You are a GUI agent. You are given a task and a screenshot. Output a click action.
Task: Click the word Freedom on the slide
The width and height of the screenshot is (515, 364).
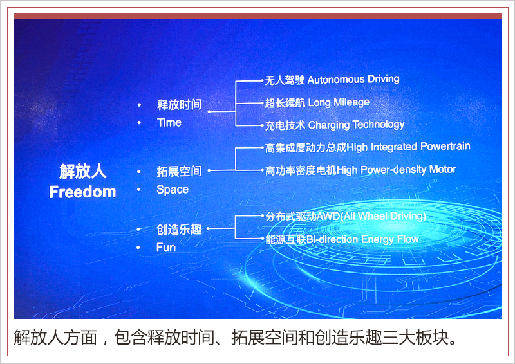coord(82,192)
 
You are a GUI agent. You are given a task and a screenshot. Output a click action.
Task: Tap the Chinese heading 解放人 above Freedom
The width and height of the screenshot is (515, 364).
coord(83,171)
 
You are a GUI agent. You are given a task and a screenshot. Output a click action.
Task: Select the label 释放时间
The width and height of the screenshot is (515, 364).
coord(179,105)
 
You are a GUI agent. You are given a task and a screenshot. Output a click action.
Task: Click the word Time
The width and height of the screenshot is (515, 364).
coord(169,122)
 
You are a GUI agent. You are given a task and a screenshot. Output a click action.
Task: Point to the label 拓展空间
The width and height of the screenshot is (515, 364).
coord(179,171)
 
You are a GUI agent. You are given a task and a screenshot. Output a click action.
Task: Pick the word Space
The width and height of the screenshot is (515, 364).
coord(173,189)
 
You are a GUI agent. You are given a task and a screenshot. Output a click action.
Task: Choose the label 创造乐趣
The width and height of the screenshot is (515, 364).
coord(179,230)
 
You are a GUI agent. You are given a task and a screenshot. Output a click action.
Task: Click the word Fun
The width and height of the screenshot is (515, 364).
coord(166,247)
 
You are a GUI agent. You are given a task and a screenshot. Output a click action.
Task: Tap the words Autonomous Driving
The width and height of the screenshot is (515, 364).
coord(353,79)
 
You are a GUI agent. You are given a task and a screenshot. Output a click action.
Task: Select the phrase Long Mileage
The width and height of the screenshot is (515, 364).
coord(339,102)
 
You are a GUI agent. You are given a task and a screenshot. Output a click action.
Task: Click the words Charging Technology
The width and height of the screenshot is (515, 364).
coord(356,125)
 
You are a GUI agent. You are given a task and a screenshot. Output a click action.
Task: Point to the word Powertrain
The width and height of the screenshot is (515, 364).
coord(445,146)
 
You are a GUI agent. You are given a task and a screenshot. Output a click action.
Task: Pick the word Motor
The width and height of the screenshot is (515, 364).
coord(443,169)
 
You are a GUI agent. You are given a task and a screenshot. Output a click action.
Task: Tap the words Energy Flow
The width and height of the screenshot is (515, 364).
coord(390,239)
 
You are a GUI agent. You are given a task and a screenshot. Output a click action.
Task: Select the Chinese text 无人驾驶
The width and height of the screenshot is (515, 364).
coord(285,80)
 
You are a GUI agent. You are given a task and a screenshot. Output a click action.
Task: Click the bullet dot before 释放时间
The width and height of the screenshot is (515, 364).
coord(139,105)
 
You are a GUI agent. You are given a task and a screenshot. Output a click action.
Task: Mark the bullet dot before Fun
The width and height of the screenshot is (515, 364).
coord(138,248)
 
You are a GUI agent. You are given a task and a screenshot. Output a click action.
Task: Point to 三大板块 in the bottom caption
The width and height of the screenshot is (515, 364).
coord(415,338)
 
